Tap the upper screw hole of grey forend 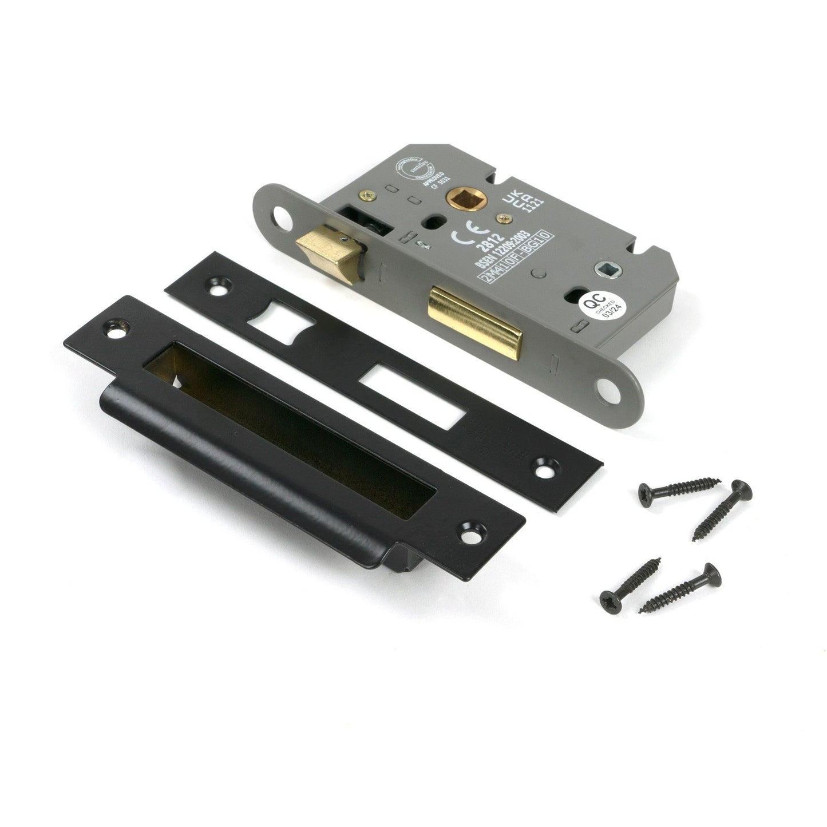pos(280,216)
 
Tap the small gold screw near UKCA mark pos(505,218)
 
